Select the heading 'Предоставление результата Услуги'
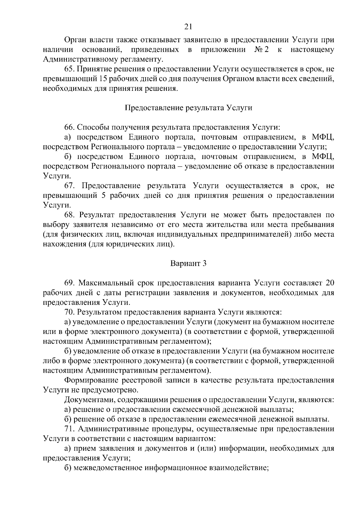click(188, 108)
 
